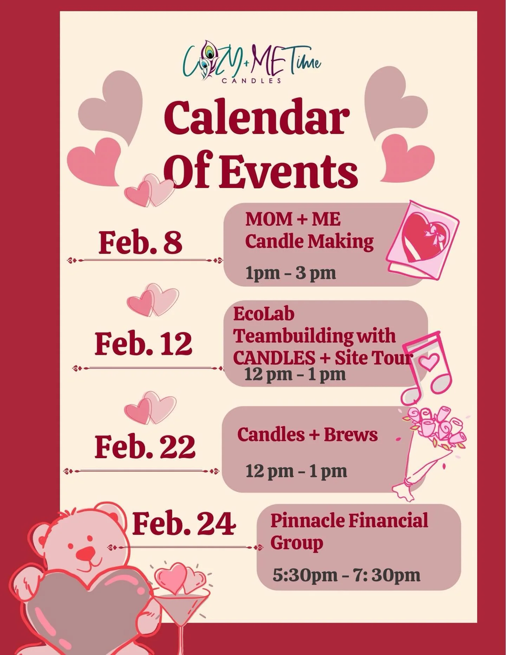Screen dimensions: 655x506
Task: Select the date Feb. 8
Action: pos(140,242)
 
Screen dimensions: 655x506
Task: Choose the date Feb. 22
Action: pos(145,447)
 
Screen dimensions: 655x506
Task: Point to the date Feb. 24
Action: pos(184,524)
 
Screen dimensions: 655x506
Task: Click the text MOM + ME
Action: pos(293,219)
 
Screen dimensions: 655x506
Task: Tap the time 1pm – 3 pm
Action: pos(291,273)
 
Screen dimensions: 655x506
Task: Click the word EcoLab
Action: pos(264,314)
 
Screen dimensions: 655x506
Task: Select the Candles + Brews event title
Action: pos(307,434)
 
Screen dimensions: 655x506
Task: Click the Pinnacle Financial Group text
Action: pos(349,531)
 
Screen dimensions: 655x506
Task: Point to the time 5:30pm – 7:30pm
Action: pos(346,575)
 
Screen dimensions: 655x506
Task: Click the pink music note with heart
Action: pos(427,367)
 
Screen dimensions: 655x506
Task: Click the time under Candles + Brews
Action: pos(296,471)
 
